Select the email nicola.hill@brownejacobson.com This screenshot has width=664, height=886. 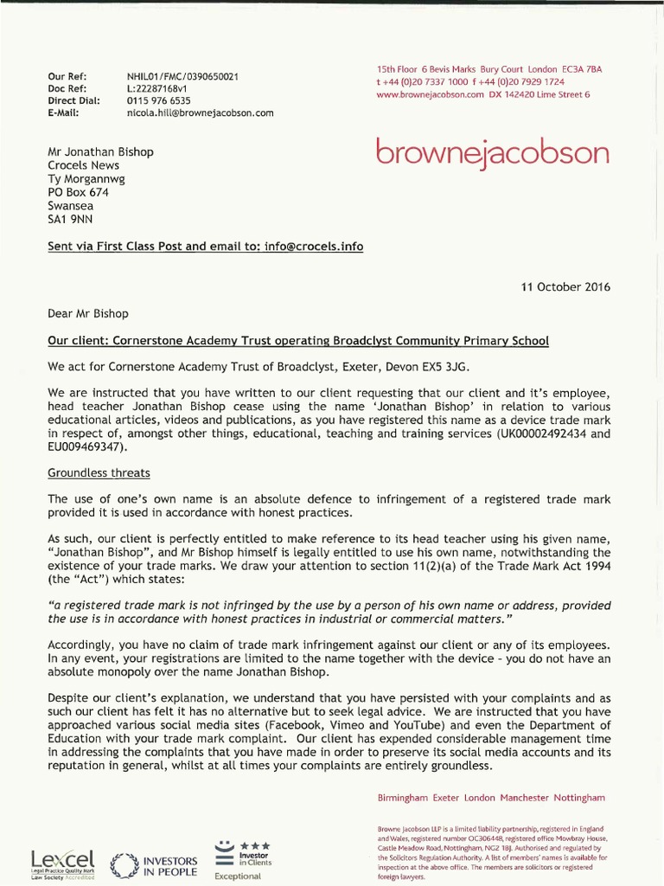pos(201,112)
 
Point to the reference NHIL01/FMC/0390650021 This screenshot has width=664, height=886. pos(182,77)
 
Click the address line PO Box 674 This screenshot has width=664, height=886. pos(79,192)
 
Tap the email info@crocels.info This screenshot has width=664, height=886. pos(315,247)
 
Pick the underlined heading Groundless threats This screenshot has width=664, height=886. pos(99,472)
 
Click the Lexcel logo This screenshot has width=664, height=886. pos(62,862)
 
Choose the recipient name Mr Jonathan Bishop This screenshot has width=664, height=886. pos(100,151)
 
